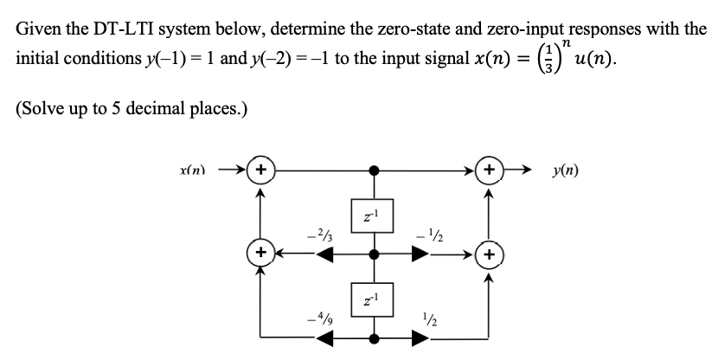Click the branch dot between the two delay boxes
373,255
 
